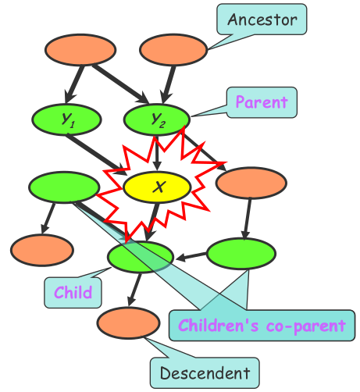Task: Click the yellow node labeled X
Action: pyautogui.click(x=157, y=187)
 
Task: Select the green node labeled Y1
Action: pyautogui.click(x=66, y=119)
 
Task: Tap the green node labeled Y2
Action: pyautogui.click(x=157, y=119)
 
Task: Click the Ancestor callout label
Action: pyautogui.click(x=262, y=20)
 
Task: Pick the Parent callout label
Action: pyautogui.click(x=262, y=102)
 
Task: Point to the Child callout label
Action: pyautogui.click(x=73, y=293)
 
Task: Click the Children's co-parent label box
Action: pyautogui.click(x=262, y=326)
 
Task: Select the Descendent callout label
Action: pyautogui.click(x=205, y=373)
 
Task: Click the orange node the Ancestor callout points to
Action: pyautogui.click(x=173, y=50)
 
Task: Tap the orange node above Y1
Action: pyautogui.click(x=80, y=49)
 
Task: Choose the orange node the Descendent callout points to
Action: pyautogui.click(x=128, y=323)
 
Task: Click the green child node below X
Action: pyautogui.click(x=141, y=257)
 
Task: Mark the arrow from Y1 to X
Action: pyautogui.click(x=97, y=155)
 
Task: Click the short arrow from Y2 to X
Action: pyautogui.click(x=156, y=153)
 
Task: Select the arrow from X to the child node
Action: pyautogui.click(x=151, y=222)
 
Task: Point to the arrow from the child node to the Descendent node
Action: pyautogui.click(x=134, y=290)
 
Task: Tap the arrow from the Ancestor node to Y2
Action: pyautogui.click(x=168, y=84)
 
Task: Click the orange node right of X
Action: pyautogui.click(x=251, y=183)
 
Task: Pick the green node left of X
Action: pyautogui.click(x=64, y=187)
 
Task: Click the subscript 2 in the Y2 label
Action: pyautogui.click(x=162, y=125)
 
